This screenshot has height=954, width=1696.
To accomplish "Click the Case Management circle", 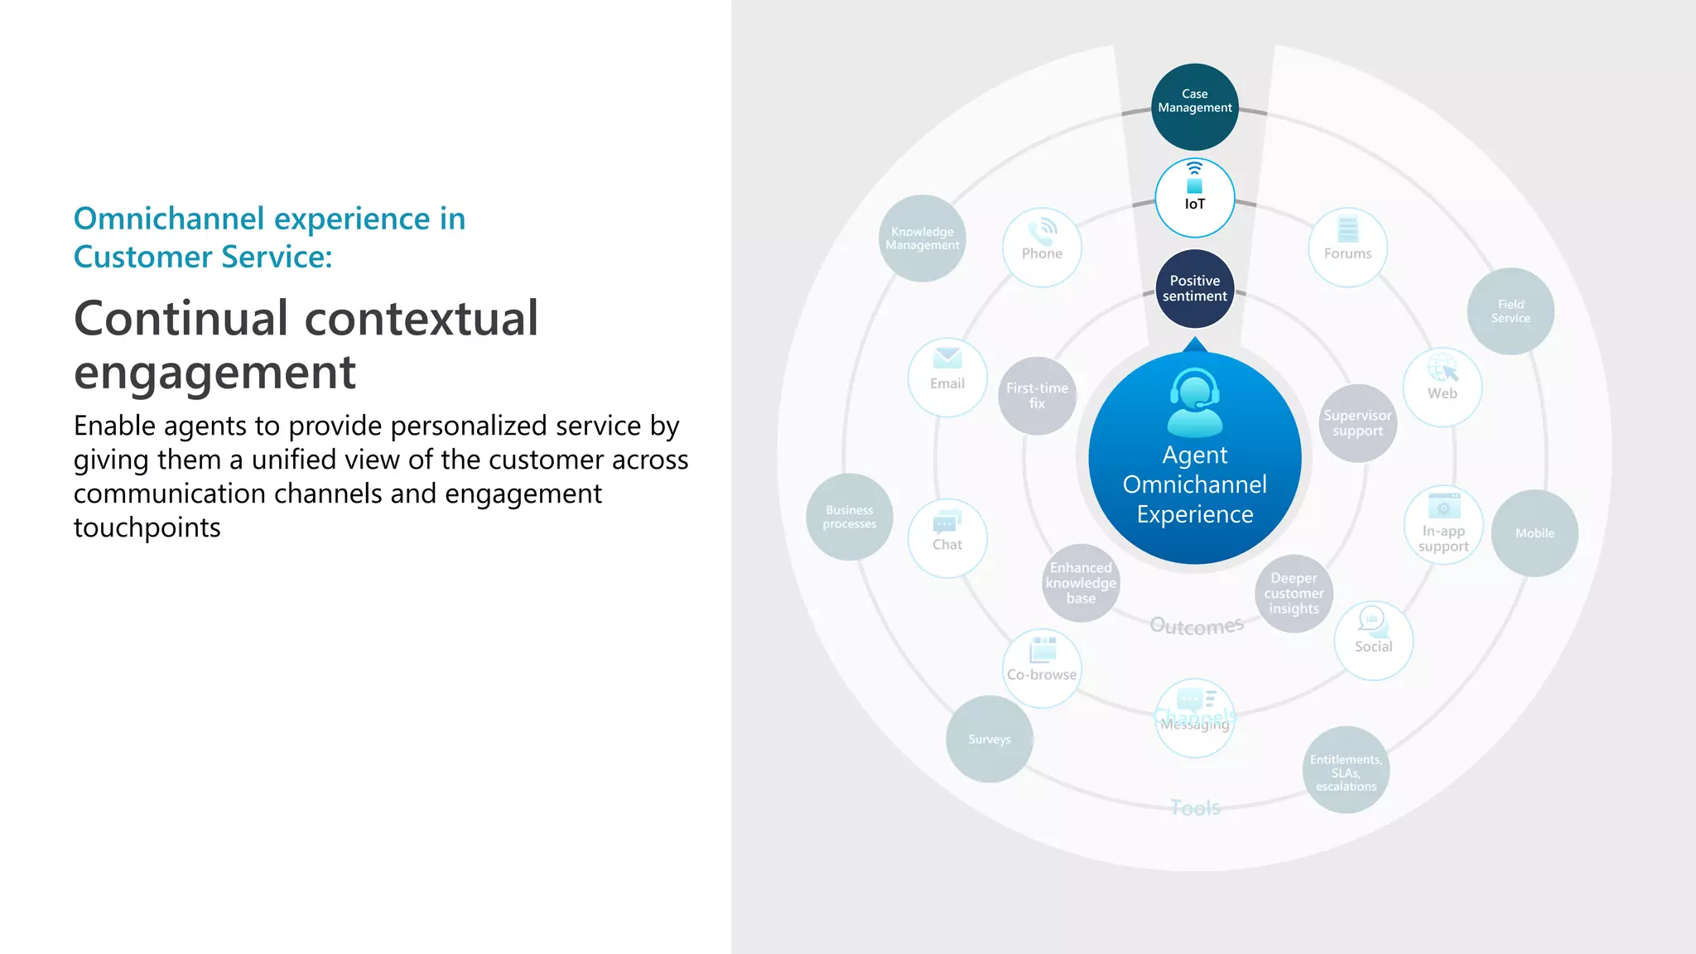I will [x=1194, y=107].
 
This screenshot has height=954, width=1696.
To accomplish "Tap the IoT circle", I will [x=1194, y=198].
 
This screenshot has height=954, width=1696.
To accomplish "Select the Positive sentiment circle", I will [x=1194, y=289].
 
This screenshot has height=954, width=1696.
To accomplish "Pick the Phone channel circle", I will [x=1041, y=248].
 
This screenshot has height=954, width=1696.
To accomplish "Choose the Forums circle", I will [x=1347, y=248].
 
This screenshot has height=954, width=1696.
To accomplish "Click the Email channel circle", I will [x=947, y=378].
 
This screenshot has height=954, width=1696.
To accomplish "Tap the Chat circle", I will [x=947, y=538].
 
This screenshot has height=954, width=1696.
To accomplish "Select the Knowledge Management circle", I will [x=922, y=238].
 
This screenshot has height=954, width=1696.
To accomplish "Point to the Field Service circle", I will [x=1510, y=311].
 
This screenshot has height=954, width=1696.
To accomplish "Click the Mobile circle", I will [x=1535, y=533].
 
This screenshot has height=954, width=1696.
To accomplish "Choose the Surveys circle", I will [x=990, y=739].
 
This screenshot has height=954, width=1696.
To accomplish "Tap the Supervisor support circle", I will [x=1357, y=423].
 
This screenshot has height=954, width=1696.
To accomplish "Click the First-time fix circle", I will [x=1037, y=396].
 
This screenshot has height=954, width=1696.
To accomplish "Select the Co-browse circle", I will [x=1042, y=668].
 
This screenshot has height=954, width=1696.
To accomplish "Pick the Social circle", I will [x=1373, y=640].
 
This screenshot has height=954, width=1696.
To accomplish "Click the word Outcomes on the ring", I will [x=1196, y=626].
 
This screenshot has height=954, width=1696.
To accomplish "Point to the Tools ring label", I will [x=1195, y=807].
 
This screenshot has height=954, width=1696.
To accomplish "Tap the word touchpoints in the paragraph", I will [x=147, y=528].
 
